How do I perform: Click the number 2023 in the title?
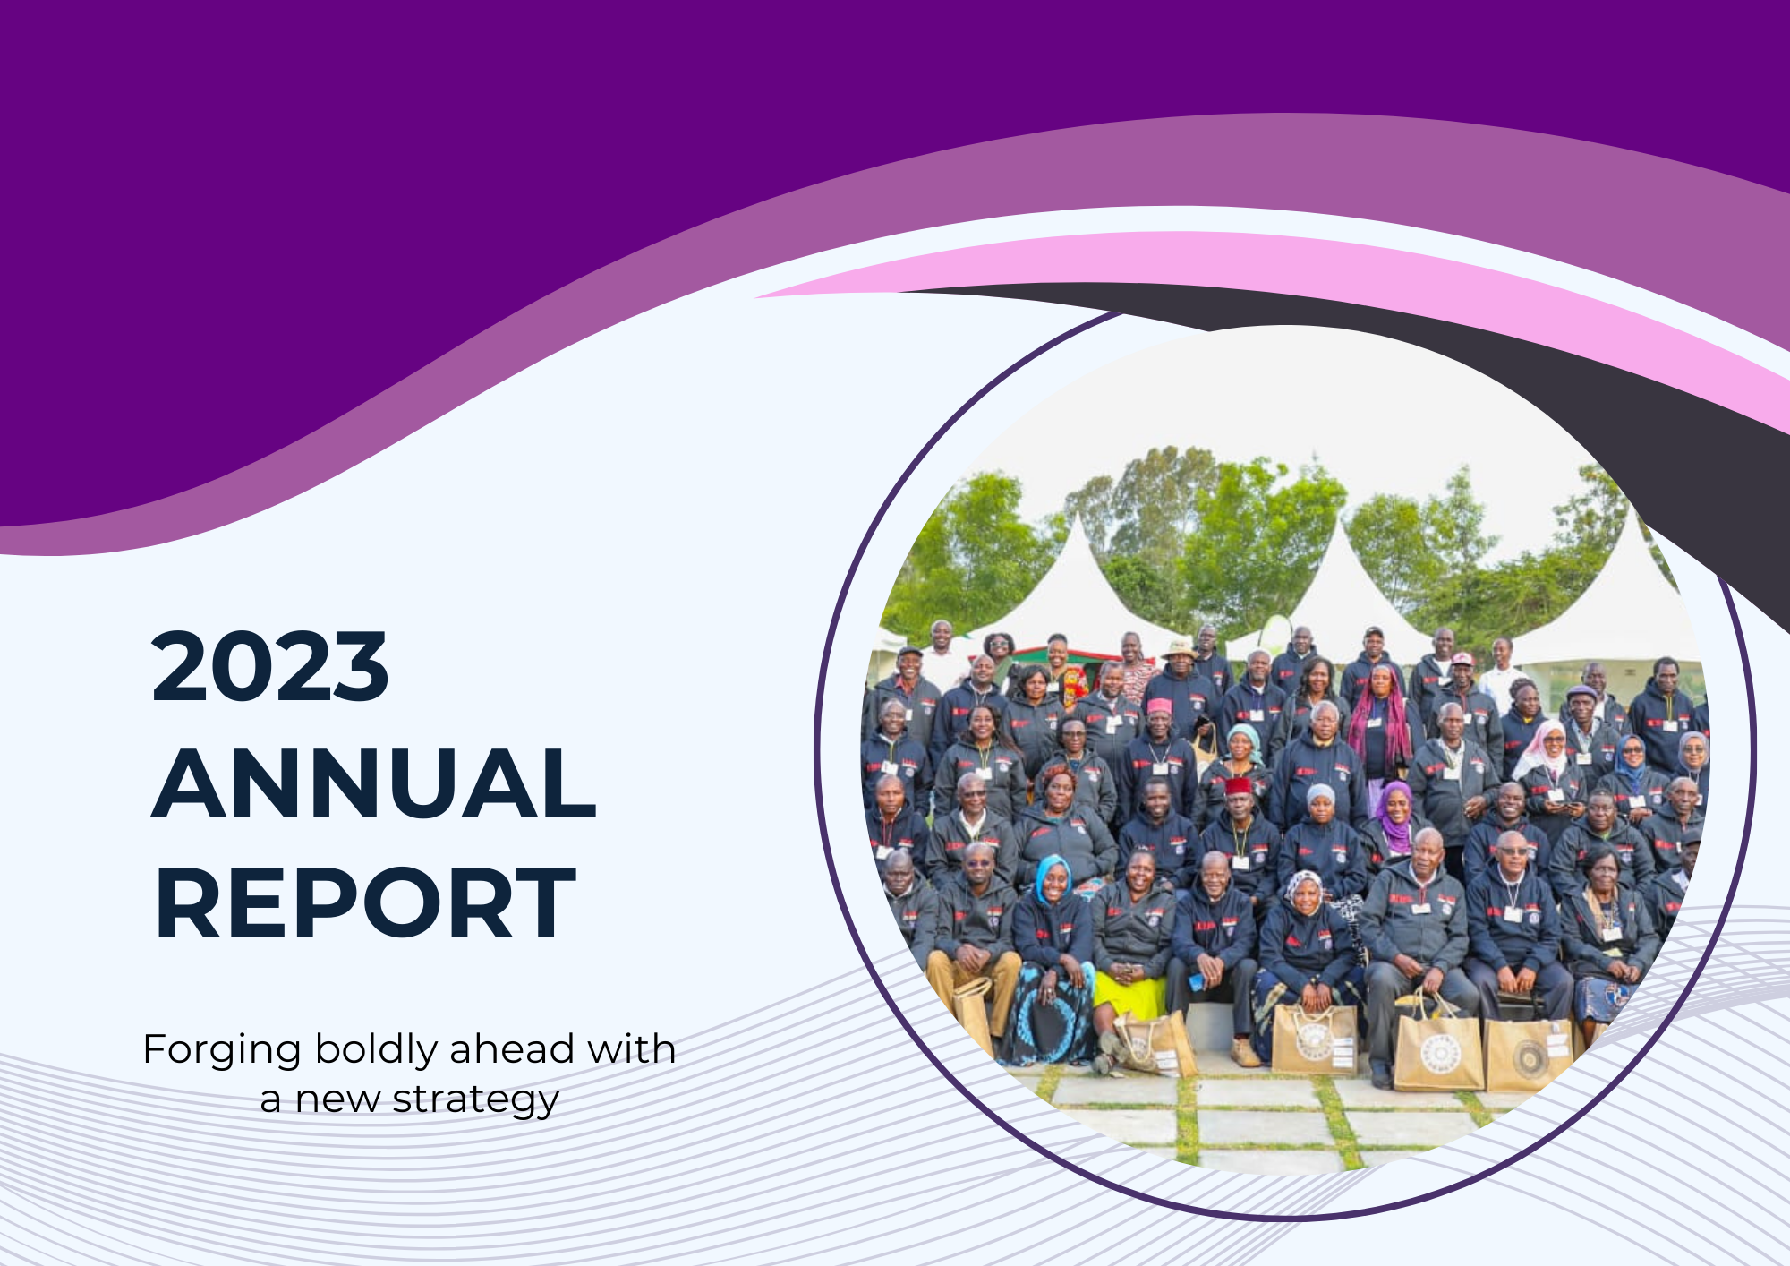coord(269,666)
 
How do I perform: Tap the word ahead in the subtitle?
coord(512,1048)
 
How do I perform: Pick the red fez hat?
coord(1239,786)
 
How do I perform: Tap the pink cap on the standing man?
coord(1159,706)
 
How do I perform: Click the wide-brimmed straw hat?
coord(1180,648)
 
